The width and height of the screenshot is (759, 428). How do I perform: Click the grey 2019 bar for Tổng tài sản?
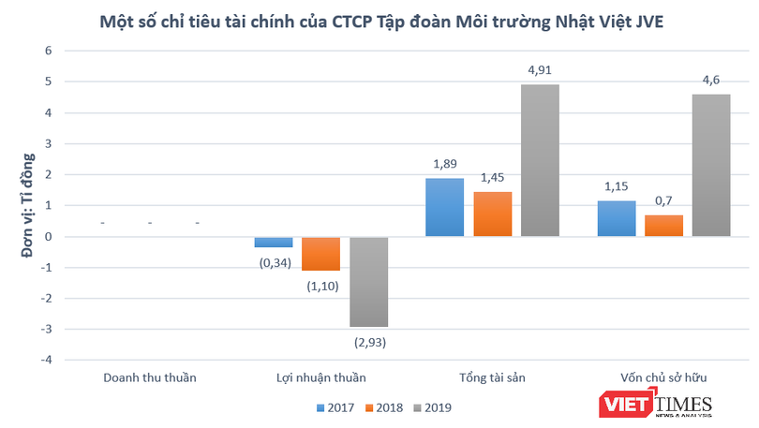[x=541, y=160]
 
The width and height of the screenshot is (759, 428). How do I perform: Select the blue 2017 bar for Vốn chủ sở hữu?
[x=617, y=218]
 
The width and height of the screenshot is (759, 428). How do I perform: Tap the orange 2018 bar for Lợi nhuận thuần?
[x=321, y=253]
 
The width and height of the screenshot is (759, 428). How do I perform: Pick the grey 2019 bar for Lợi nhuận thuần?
[x=369, y=281]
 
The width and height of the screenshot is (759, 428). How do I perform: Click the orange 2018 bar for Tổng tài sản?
[x=492, y=214]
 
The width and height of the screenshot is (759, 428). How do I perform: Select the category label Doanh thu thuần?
[x=150, y=377]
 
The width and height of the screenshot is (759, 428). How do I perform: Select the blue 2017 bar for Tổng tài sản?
[x=444, y=207]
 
